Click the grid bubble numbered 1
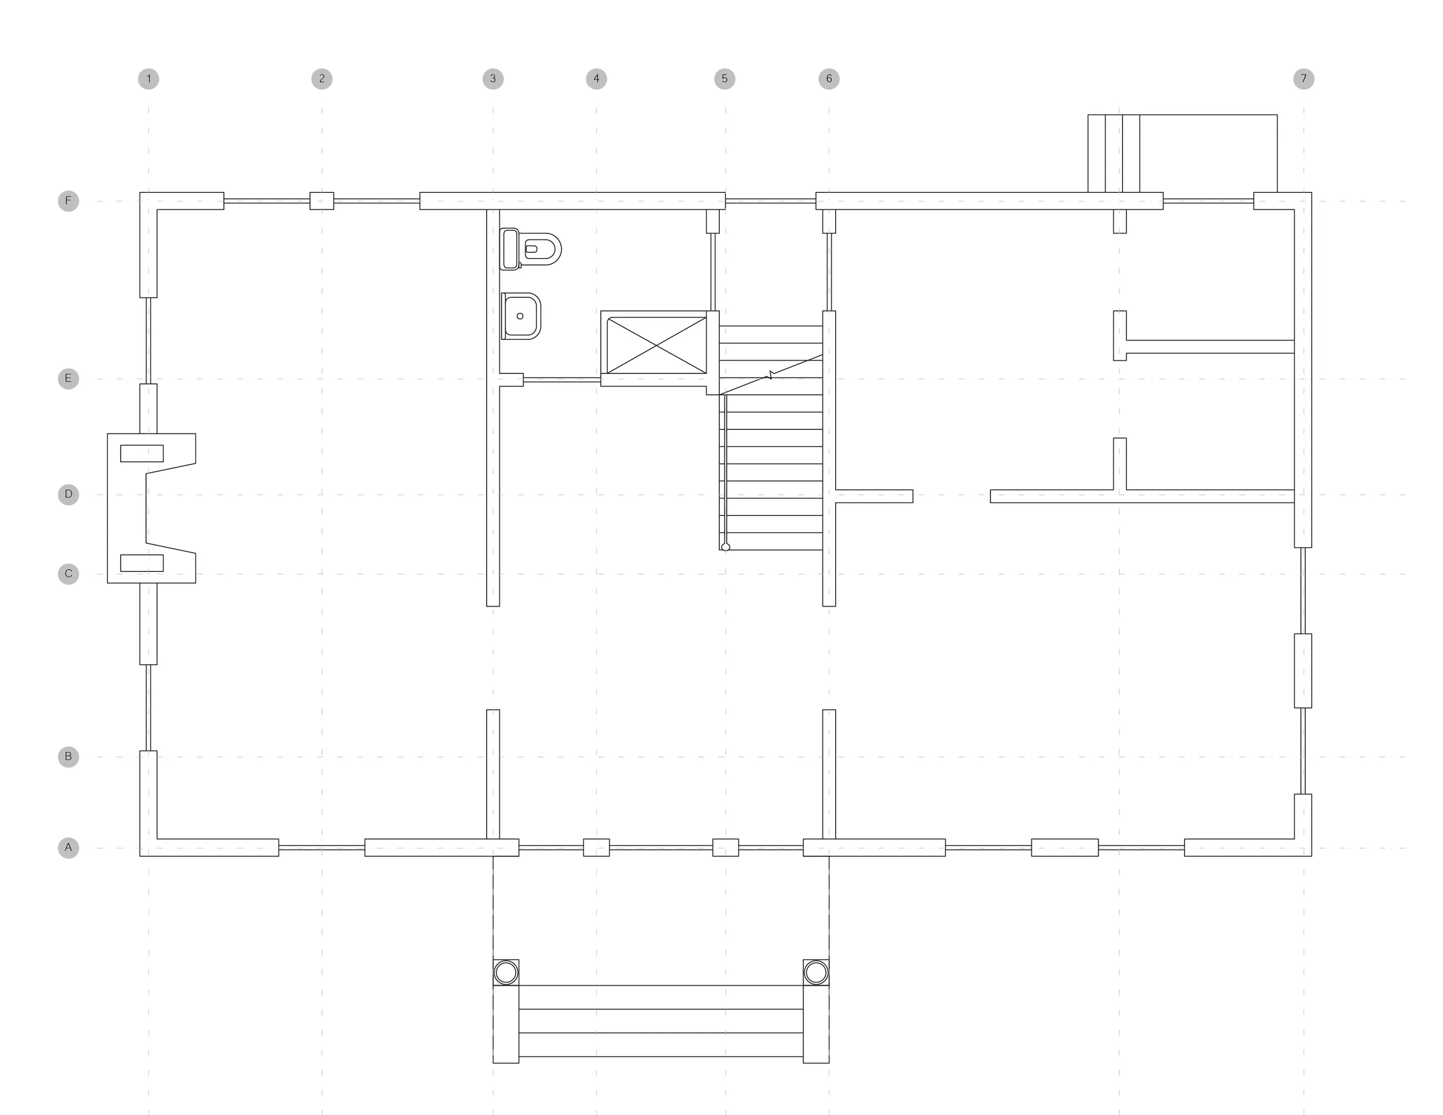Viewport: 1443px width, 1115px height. coord(149,79)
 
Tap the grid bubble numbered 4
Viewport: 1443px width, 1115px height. coord(596,79)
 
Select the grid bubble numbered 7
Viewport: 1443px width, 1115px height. coord(1303,79)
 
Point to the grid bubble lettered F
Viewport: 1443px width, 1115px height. coord(68,201)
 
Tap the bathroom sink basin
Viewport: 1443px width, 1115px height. coord(521,316)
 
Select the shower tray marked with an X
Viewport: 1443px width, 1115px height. coord(656,345)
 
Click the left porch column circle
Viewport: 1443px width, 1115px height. coord(506,972)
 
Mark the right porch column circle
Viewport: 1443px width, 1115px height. coord(816,972)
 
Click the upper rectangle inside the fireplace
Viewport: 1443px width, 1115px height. coord(141,453)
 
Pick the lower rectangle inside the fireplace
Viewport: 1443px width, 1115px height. coord(141,563)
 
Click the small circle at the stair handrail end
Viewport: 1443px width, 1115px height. coord(726,547)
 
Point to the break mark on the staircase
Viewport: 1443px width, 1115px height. coord(771,375)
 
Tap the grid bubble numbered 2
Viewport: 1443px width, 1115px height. coord(322,79)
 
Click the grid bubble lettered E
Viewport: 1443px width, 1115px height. coord(68,379)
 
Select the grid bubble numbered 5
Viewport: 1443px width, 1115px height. coord(725,79)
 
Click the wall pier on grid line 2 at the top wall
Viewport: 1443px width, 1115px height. coord(322,201)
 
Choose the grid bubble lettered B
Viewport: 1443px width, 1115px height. coord(68,757)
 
